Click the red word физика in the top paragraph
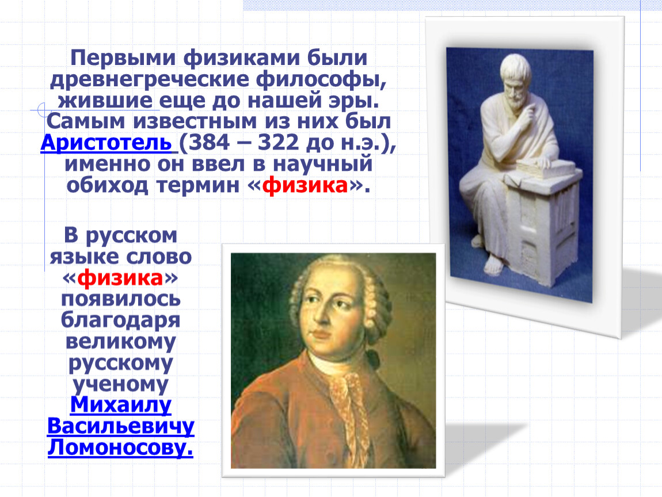pyautogui.click(x=305, y=185)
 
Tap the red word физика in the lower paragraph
pyautogui.click(x=120, y=278)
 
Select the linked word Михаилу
pyautogui.click(x=121, y=404)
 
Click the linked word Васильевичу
pyautogui.click(x=121, y=427)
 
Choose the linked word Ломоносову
pyautogui.click(x=120, y=448)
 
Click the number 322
pyautogui.click(x=278, y=143)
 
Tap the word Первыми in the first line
pyautogui.click(x=123, y=58)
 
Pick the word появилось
pyautogui.click(x=121, y=299)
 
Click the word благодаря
pyautogui.click(x=121, y=320)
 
